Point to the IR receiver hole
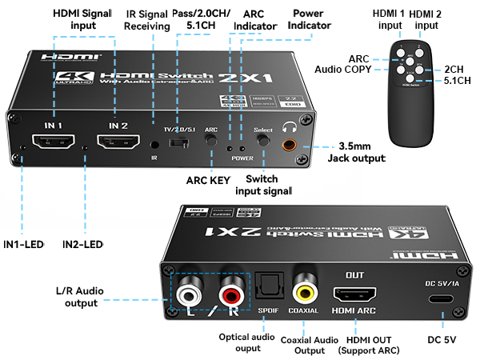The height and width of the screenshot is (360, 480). click(154, 145)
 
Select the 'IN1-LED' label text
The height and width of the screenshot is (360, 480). click(24, 242)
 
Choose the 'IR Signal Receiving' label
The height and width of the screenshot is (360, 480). click(146, 20)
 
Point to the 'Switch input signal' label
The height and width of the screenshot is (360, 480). click(264, 185)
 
